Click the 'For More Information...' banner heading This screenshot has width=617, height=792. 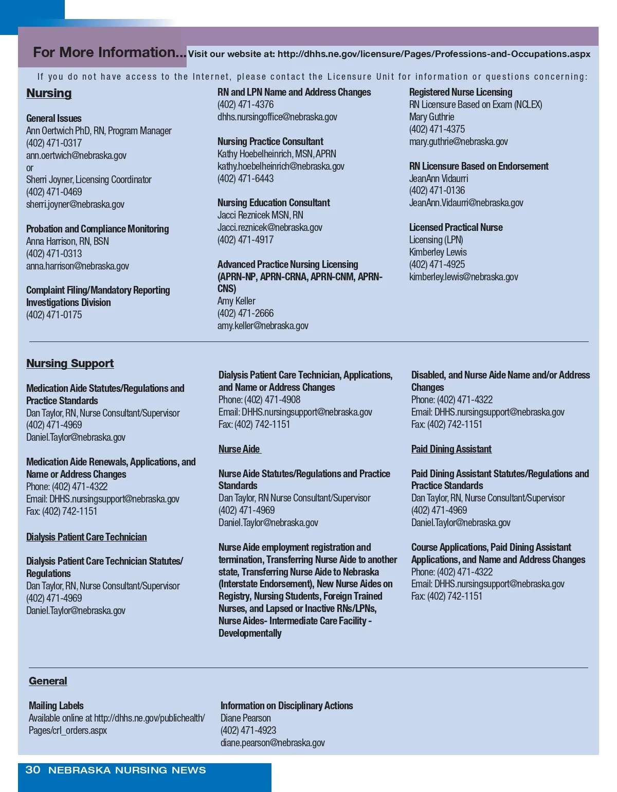109,52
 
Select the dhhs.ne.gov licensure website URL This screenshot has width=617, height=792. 433,54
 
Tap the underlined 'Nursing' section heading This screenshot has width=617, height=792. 49,93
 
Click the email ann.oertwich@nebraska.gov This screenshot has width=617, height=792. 76,155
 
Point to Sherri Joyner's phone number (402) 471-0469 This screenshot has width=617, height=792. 54,192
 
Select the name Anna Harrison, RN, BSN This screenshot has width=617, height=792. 67,241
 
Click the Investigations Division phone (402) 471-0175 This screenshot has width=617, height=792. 54,315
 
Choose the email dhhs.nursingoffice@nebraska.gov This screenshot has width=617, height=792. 277,117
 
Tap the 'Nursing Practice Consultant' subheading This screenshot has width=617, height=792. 270,141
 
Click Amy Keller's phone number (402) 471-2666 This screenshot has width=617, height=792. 245,313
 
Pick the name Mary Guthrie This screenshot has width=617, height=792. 431,117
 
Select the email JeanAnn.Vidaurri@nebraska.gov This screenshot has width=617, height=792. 466,203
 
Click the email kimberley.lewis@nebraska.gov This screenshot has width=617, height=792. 463,277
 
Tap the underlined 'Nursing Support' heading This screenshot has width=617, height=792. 70,364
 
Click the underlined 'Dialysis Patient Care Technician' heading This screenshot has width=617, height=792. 86,537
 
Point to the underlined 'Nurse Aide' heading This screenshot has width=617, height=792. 239,449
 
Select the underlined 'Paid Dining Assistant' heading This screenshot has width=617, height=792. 451,449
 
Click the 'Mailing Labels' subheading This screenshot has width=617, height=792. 56,706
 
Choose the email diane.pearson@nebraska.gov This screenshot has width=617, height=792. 273,743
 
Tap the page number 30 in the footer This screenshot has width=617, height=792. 33,770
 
